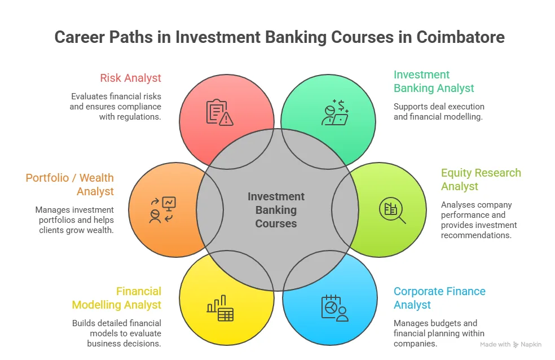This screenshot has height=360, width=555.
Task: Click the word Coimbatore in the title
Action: point(460,37)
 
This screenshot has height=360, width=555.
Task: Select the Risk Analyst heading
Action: point(130,78)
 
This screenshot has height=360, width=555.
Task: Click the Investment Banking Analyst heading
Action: point(434,81)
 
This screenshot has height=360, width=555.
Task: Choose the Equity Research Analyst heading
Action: point(481,179)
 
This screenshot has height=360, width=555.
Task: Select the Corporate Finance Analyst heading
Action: point(439,298)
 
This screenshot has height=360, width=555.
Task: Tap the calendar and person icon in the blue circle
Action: point(334,308)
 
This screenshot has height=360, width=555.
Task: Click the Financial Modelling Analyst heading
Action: point(117,298)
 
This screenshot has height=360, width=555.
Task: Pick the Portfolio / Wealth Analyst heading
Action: point(70,185)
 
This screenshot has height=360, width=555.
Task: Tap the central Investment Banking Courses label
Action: point(276,210)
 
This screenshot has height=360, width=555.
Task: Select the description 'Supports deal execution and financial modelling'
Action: point(439,112)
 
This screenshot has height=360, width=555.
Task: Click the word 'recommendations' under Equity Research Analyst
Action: point(476,235)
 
